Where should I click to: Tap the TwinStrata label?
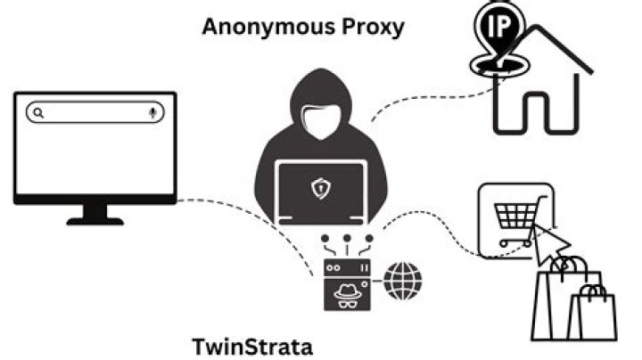pyautogui.click(x=252, y=346)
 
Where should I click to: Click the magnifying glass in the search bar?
pyautogui.click(x=37, y=113)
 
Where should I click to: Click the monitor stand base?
pyautogui.click(x=95, y=219)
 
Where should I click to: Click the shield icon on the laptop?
pyautogui.click(x=319, y=188)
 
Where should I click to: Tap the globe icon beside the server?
pyautogui.click(x=404, y=282)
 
